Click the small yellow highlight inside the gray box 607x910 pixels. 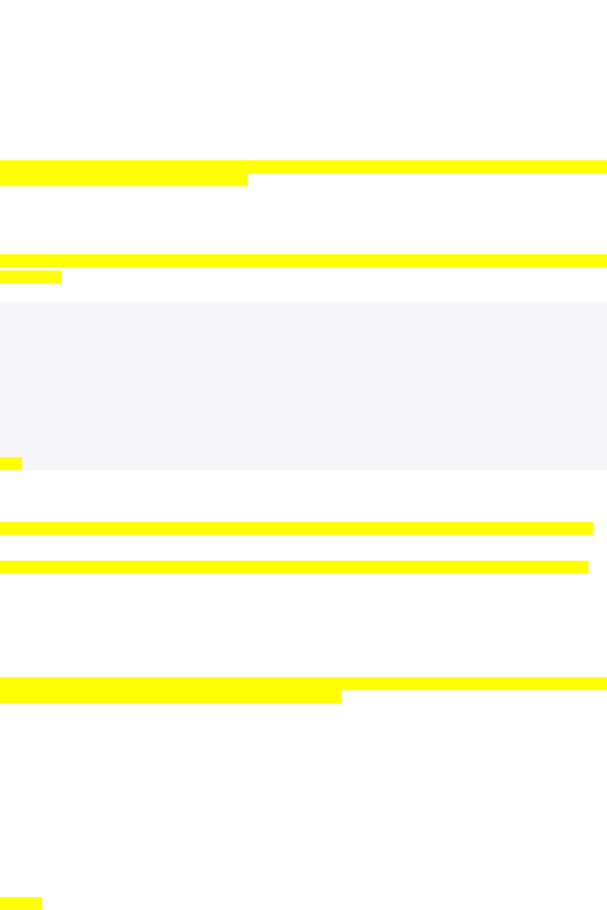point(11,463)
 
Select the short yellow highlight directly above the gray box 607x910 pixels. point(30,277)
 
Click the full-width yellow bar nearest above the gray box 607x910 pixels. point(303,260)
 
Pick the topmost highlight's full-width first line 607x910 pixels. point(303,166)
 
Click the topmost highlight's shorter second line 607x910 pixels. point(124,179)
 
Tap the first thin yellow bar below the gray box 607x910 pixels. point(296,528)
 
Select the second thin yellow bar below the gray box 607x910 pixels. point(294,567)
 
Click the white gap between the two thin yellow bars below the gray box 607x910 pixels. point(296,548)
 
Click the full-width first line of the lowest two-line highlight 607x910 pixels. point(303,683)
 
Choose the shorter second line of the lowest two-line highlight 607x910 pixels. point(170,696)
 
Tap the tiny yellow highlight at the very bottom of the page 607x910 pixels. point(21,903)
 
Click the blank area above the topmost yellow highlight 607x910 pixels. point(303,79)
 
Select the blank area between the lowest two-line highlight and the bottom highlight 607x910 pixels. point(303,799)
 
